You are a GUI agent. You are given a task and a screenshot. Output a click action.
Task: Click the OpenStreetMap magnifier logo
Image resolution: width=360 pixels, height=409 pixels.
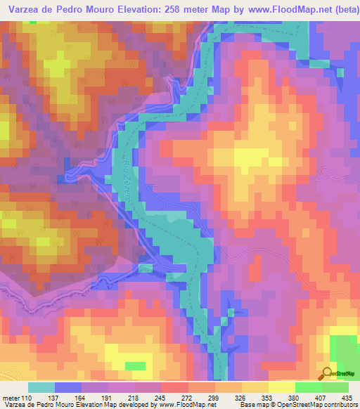coord(326,373)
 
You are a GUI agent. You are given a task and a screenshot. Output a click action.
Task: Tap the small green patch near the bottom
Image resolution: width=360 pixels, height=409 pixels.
coord(136,365)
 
